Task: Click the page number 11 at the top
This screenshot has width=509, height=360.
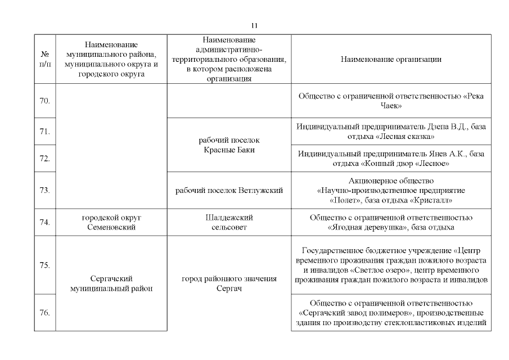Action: pyautogui.click(x=254, y=25)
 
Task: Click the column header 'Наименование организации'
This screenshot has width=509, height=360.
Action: pyautogui.click(x=391, y=59)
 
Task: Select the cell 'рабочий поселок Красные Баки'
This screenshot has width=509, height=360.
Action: pyautogui.click(x=229, y=145)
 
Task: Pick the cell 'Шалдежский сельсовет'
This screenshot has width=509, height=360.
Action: pyautogui.click(x=229, y=222)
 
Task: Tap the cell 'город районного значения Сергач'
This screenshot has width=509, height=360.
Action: pyautogui.click(x=229, y=283)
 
